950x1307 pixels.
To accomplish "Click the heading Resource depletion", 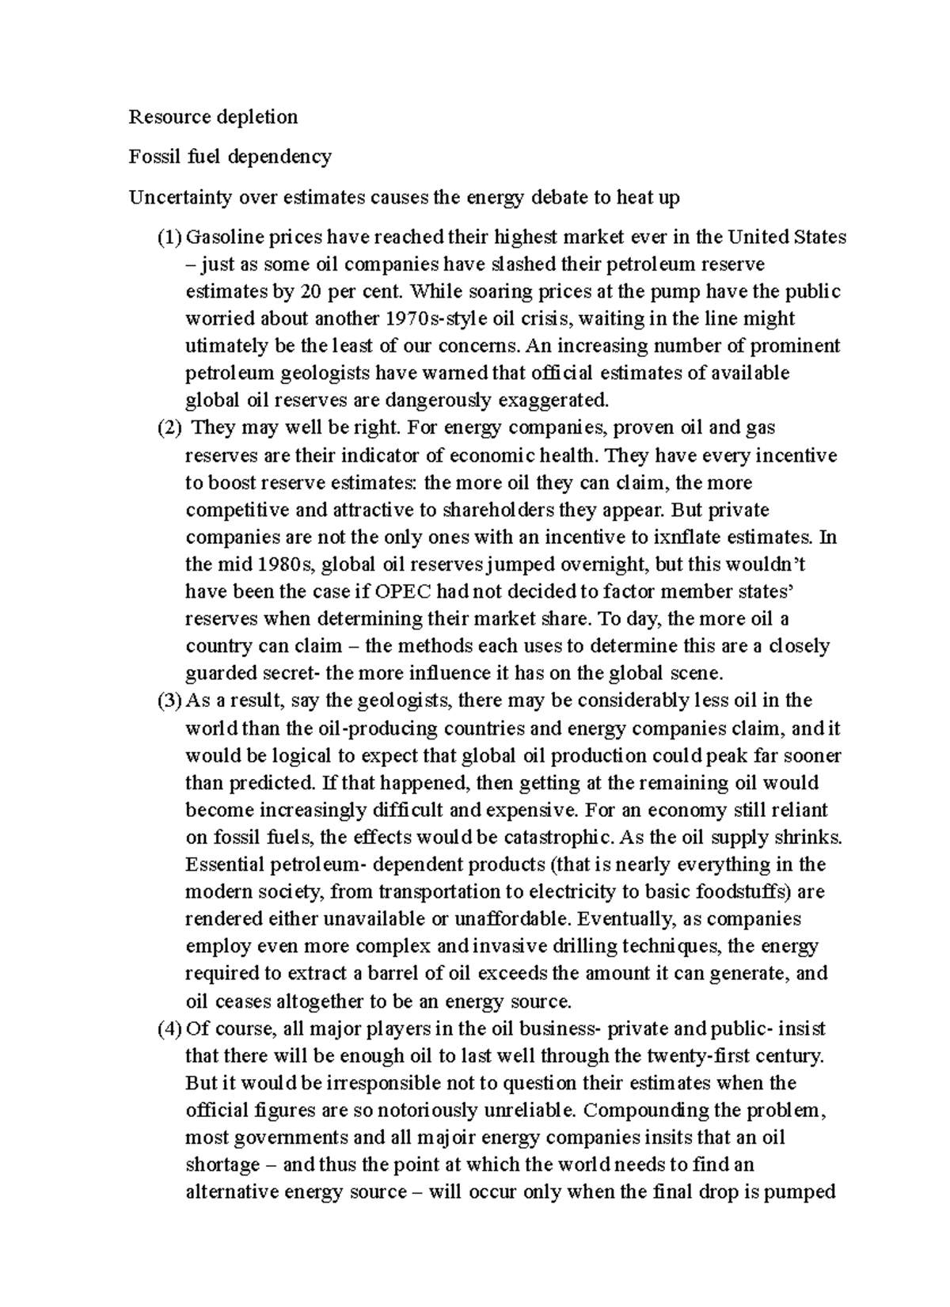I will click(x=213, y=117).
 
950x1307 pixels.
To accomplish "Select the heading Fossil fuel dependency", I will click(x=230, y=157).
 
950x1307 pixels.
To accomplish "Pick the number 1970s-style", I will click(x=437, y=319).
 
